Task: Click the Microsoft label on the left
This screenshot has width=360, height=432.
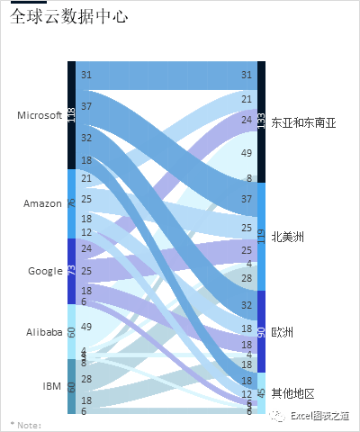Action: coord(40,114)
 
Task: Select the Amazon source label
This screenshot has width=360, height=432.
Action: coord(42,203)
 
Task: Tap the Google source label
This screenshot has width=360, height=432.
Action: coord(45,271)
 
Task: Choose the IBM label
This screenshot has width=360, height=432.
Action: coord(52,386)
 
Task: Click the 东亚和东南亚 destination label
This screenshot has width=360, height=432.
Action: coord(303,123)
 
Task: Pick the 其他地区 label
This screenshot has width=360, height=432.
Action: coord(293,393)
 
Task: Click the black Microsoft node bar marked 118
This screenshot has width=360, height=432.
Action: coord(72,115)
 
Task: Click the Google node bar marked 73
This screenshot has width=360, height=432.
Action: coord(72,271)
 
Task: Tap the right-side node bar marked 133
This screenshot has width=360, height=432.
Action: coord(261,122)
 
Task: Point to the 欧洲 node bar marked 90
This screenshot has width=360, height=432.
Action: coord(261,332)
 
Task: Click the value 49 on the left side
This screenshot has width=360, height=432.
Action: coord(86,327)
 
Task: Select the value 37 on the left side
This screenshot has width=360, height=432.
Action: coord(86,106)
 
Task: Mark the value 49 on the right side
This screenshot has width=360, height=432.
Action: coord(247,154)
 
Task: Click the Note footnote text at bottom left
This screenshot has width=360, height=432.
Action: coord(26,424)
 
